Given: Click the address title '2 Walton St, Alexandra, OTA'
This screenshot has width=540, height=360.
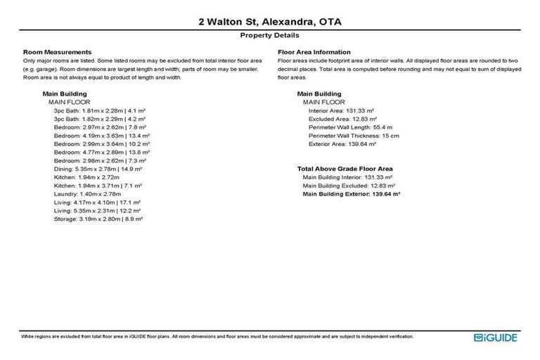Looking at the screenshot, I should pos(269,22).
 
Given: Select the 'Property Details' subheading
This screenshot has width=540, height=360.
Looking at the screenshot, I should pos(269,34).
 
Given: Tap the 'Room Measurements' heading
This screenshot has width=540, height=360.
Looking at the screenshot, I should pos(58,52).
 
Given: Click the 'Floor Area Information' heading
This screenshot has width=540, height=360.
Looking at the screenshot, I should pos(314,52).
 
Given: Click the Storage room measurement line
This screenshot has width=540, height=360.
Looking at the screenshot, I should pos(98,219).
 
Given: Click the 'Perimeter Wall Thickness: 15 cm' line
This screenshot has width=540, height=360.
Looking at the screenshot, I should pos(354,136).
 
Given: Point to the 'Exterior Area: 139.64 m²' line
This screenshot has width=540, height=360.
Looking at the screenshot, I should pos(342,143).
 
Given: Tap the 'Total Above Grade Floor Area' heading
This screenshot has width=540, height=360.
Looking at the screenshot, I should pos(345,169).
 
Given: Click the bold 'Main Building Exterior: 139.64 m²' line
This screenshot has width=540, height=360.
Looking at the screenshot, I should pos(351,193).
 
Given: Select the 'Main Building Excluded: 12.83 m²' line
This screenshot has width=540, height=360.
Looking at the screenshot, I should pos(347,186).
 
